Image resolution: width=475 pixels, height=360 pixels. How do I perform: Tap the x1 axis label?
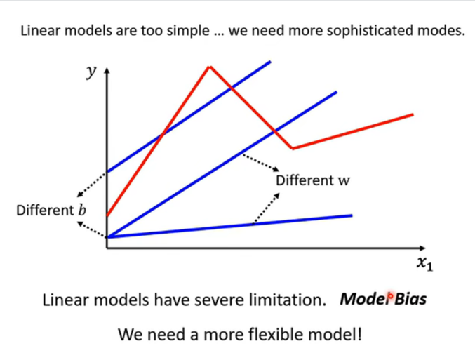pyautogui.click(x=424, y=264)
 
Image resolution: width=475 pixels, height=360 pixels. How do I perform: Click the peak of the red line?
pyautogui.click(x=209, y=66)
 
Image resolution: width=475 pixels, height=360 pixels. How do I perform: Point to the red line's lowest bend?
pyautogui.click(x=293, y=148)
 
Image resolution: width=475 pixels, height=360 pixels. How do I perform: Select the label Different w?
pyautogui.click(x=312, y=180)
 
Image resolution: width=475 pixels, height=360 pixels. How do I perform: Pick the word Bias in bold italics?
pyautogui.click(x=410, y=300)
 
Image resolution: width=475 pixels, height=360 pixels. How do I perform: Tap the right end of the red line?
pyautogui.click(x=413, y=114)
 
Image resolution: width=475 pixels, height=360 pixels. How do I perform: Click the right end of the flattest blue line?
pyautogui.click(x=351, y=215)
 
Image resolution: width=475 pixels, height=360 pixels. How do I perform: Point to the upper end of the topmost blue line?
pyautogui.click(x=270, y=62)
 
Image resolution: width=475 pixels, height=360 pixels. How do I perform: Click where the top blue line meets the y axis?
pyautogui.click(x=107, y=172)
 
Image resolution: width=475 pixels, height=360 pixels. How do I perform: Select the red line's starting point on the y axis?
pyautogui.click(x=107, y=214)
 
